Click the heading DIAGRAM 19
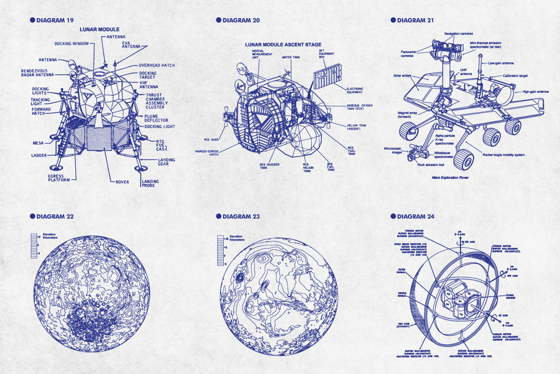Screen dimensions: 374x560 tap(55, 20)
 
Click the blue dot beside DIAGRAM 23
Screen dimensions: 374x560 tap(219, 216)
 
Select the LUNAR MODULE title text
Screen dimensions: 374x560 tap(99, 29)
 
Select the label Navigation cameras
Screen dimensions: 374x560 tap(458, 34)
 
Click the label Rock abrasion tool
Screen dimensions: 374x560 tap(430, 165)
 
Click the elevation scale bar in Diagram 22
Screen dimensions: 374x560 tap(34, 246)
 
